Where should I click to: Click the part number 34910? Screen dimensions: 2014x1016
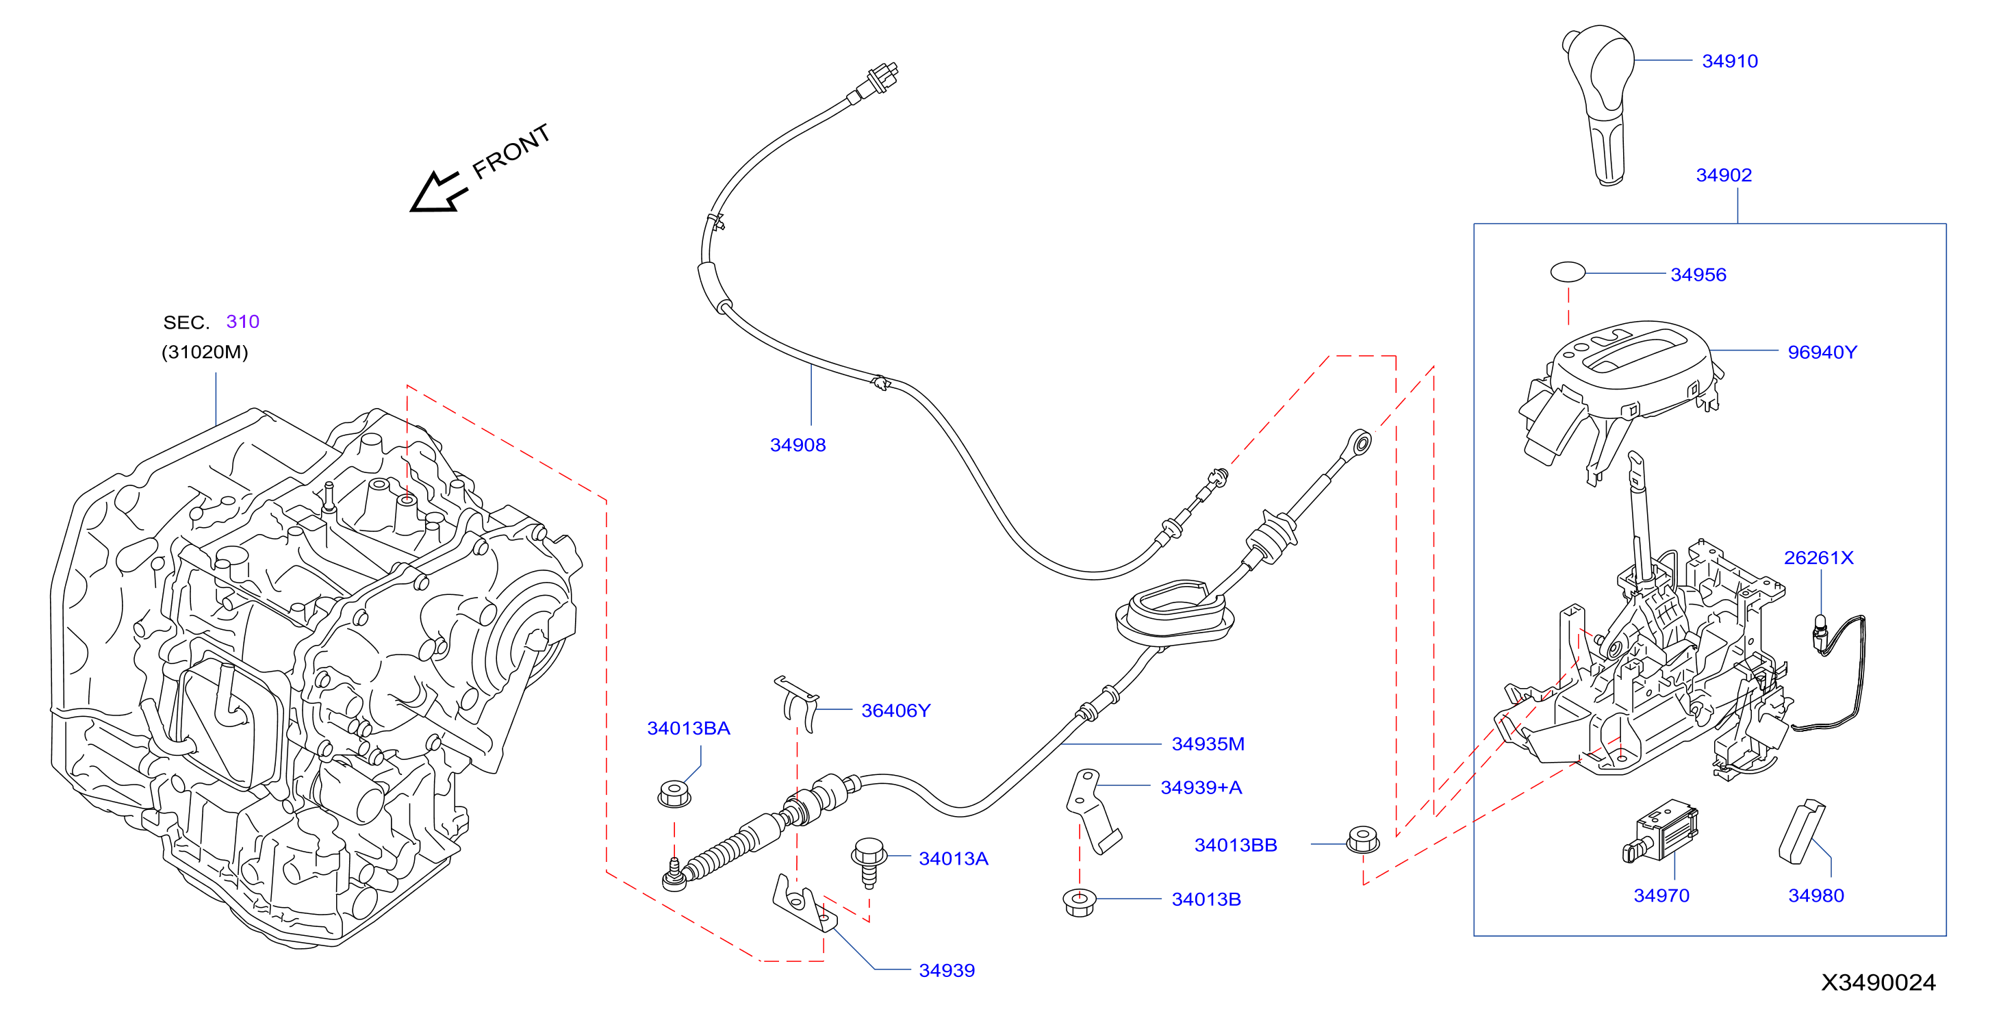point(1729,61)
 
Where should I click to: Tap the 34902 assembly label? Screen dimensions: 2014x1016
point(1723,175)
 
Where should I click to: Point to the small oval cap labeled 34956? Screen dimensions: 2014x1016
point(1568,272)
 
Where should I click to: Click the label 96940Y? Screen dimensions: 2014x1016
point(1822,352)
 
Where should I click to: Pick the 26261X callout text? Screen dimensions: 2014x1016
point(1818,558)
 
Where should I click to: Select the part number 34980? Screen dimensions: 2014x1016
point(1815,896)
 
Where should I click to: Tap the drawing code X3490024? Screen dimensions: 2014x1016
point(1878,982)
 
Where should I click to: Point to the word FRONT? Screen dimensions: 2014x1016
point(511,151)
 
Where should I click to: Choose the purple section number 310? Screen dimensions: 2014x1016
point(242,322)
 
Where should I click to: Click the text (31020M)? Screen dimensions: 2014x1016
point(205,352)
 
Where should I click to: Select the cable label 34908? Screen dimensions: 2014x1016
point(798,445)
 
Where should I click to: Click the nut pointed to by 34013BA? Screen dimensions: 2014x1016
point(674,794)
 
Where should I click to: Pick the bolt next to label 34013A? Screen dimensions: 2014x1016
point(869,862)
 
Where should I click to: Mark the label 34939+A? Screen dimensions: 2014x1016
point(1201,787)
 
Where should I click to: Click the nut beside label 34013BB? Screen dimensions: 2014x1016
point(1363,839)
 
